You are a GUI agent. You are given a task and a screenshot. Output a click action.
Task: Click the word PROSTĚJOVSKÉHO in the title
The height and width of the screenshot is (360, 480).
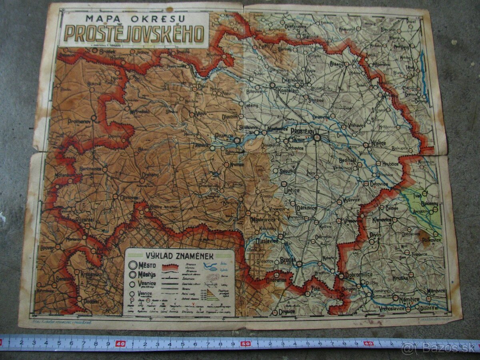134,34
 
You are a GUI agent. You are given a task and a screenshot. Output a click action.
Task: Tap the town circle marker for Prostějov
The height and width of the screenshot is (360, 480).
317,138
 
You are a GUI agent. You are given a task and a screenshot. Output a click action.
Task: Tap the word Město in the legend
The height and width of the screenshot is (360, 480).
148,265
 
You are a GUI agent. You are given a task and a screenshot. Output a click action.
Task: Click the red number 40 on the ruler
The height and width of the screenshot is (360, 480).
120,343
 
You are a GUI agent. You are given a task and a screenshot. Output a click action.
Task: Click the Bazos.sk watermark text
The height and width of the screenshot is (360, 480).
442,347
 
